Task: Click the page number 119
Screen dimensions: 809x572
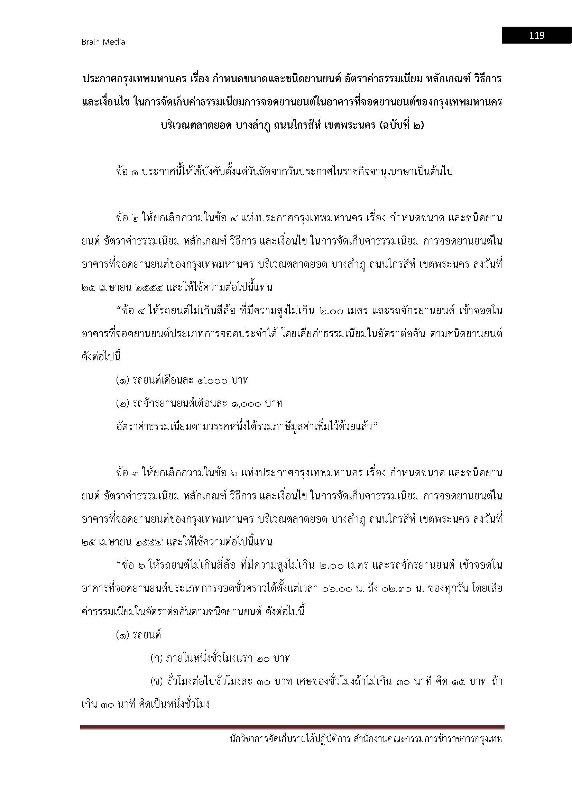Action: (x=536, y=35)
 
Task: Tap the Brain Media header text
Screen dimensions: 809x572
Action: (x=103, y=42)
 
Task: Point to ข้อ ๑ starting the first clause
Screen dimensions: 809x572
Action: (x=127, y=172)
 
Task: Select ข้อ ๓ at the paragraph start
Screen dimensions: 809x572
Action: (x=127, y=473)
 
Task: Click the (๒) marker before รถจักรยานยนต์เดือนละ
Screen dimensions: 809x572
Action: (x=122, y=403)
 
